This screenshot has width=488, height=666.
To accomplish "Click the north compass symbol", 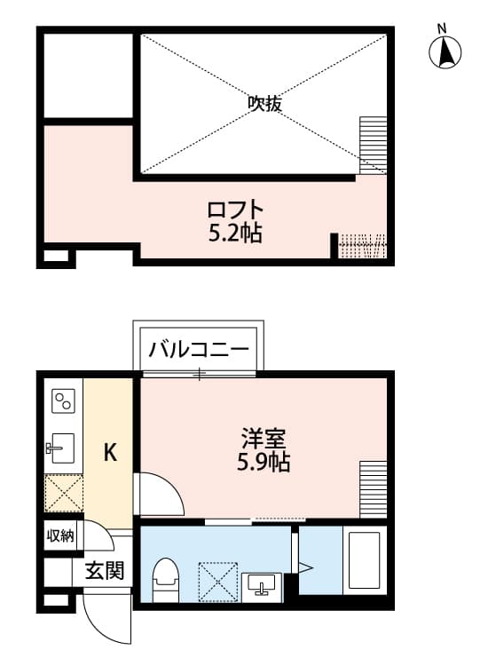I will [445, 52].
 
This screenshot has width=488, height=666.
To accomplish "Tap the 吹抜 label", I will [264, 104].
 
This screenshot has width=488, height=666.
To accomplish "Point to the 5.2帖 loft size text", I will [235, 234].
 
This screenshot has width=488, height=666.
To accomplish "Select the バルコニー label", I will [199, 348].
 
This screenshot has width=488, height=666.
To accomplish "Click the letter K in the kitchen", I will [110, 454].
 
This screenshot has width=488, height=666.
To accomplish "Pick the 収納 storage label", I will [61, 535].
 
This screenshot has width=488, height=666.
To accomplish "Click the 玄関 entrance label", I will [104, 570].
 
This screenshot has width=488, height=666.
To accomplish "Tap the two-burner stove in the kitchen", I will [63, 402].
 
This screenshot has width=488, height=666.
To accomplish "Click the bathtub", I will [363, 560].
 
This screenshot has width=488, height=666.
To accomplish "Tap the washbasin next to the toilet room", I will [264, 584].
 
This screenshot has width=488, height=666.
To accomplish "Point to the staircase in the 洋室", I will [373, 488].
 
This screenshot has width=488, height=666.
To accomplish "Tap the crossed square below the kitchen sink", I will [63, 494].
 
